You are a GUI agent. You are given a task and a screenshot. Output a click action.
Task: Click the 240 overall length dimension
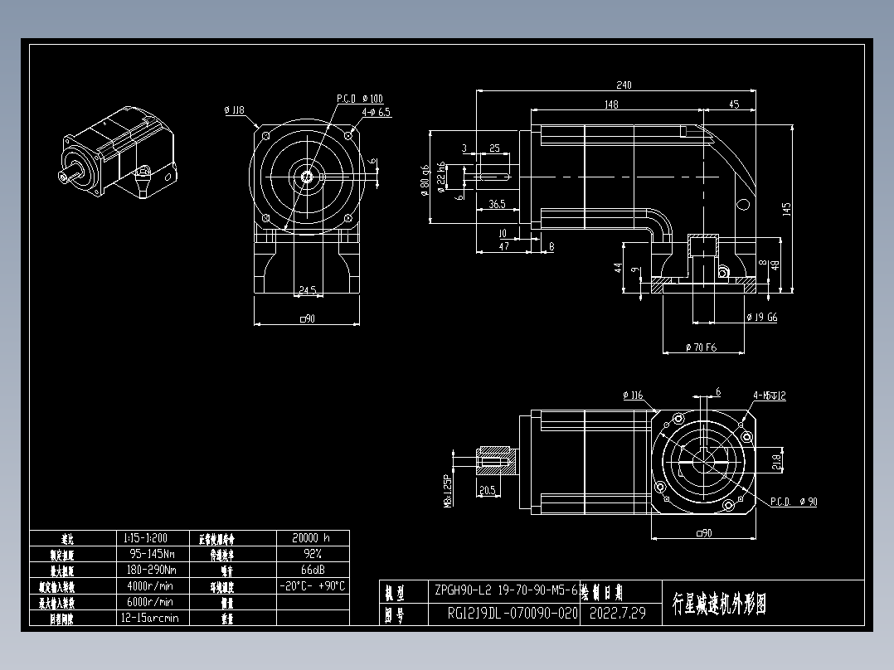click(624, 85)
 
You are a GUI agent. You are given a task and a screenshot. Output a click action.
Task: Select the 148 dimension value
click(611, 104)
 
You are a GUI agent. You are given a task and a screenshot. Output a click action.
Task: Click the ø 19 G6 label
click(761, 317)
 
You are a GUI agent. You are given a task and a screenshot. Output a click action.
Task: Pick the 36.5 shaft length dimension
click(498, 203)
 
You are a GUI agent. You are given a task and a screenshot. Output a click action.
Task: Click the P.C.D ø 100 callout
click(360, 99)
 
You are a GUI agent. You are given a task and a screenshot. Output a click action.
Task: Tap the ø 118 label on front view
click(234, 109)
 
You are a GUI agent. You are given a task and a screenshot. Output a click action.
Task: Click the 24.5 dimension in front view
click(307, 290)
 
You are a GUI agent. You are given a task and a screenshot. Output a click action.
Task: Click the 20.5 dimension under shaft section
click(488, 490)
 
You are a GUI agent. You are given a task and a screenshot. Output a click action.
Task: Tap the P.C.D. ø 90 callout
click(794, 502)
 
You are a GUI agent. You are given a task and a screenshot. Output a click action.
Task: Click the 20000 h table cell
click(311, 537)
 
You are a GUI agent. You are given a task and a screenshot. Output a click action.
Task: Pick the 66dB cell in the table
click(311, 570)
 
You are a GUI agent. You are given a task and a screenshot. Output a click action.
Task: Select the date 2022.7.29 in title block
click(617, 614)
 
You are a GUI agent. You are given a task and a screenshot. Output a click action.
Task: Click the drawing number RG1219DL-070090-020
click(512, 614)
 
